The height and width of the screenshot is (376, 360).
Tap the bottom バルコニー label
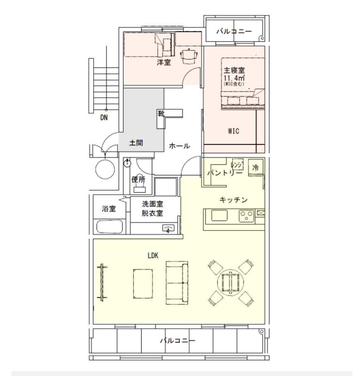177,341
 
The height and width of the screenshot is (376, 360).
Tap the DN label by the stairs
104,117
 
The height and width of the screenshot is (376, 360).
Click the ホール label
179,146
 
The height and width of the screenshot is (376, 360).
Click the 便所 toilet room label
138,179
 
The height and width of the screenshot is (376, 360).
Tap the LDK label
152,255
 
